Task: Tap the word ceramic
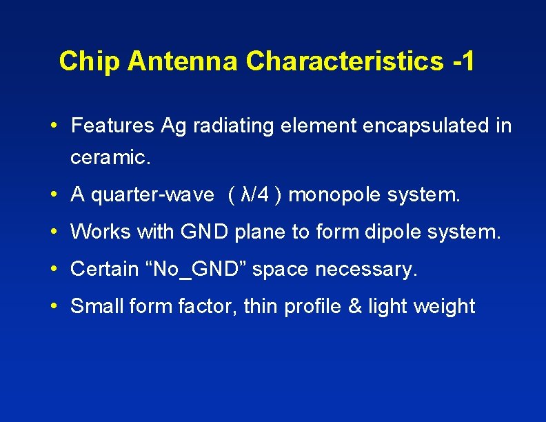tap(110, 158)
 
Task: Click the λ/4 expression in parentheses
tap(254, 195)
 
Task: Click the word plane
tap(261, 232)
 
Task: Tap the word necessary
tap(366, 270)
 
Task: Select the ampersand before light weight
tap(355, 306)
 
